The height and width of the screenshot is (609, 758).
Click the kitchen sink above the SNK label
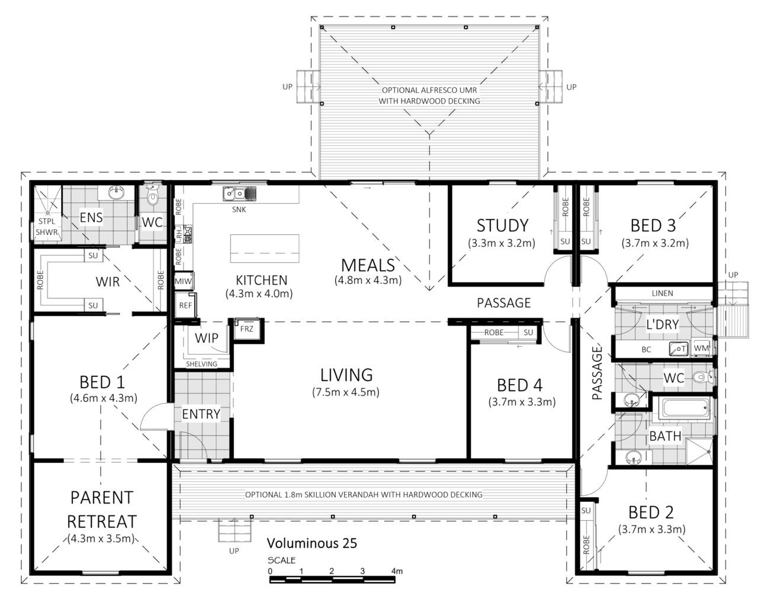(x=239, y=194)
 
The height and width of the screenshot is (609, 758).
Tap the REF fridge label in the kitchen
(x=185, y=305)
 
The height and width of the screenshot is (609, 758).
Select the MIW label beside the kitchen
(x=183, y=281)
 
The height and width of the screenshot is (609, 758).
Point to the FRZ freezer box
(x=246, y=329)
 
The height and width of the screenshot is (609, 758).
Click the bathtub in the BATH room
(x=686, y=408)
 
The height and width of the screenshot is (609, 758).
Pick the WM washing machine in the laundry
(x=701, y=348)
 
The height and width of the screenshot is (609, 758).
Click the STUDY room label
(x=502, y=225)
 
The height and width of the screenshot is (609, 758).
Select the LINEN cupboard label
(x=662, y=293)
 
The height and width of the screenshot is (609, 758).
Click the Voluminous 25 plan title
(x=311, y=543)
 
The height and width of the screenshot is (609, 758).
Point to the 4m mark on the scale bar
(x=397, y=571)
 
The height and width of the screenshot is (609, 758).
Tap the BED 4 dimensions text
(x=522, y=402)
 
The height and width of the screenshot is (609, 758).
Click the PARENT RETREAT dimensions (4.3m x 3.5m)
(x=101, y=539)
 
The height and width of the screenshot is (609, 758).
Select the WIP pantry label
(x=207, y=338)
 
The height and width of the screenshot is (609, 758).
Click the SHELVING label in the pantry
(x=201, y=364)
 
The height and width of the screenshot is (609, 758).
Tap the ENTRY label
(x=201, y=414)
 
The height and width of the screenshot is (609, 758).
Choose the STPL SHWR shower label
(x=47, y=227)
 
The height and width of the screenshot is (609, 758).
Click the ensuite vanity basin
(x=116, y=192)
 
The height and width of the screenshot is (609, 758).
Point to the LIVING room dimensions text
(x=345, y=392)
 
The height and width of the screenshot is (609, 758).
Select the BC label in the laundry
(x=646, y=350)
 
